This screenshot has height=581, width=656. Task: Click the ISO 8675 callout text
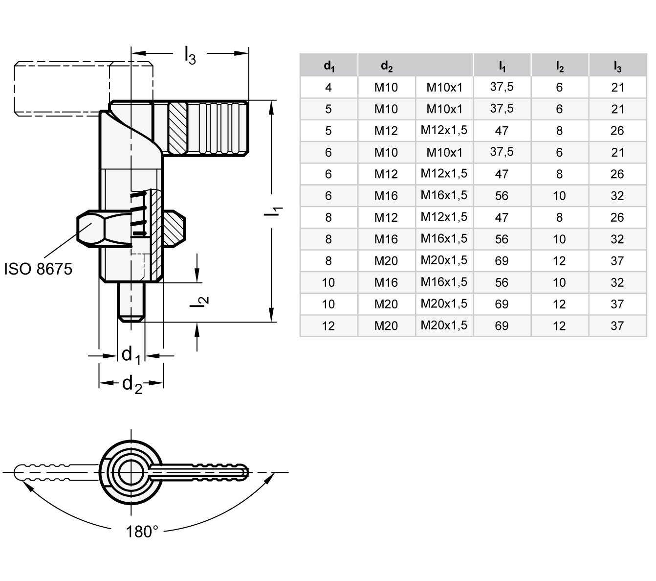coord(38,269)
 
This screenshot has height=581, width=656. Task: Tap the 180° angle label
coord(142,531)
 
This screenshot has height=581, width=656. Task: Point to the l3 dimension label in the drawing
coord(190,55)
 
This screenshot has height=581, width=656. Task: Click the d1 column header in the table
coord(328,66)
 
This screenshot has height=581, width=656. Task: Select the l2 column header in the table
coord(559,66)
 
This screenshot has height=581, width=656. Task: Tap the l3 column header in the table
coord(617,66)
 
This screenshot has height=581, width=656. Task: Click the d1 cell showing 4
coord(328,88)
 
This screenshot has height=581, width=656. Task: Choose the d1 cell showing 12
coord(328,326)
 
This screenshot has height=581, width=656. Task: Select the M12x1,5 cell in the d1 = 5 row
coord(444,131)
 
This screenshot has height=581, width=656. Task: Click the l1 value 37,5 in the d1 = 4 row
coord(502,88)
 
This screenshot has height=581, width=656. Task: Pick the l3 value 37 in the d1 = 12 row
coord(617,326)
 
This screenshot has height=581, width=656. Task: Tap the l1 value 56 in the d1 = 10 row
coord(502,282)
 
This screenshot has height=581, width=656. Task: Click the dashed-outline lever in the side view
coord(64,89)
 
